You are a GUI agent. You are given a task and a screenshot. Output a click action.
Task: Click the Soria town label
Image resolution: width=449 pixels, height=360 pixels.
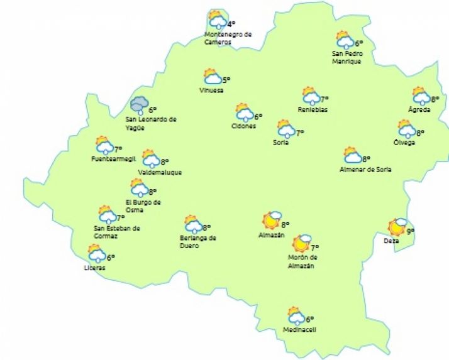click(x=282, y=143)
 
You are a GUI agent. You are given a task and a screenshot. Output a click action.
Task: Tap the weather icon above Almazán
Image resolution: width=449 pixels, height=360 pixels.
click(x=272, y=221)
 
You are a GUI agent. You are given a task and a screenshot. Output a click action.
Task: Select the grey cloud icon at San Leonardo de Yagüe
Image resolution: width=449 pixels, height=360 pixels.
click(x=139, y=106)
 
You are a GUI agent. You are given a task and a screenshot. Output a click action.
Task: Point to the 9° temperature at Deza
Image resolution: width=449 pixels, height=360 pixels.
click(x=410, y=231)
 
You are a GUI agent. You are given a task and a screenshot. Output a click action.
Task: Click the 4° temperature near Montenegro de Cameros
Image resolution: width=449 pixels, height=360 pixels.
click(x=231, y=25)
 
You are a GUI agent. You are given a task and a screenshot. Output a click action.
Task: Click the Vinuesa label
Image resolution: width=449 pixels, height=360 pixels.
click(x=211, y=90)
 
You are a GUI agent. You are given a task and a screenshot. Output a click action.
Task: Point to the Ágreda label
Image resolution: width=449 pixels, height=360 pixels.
click(x=419, y=110)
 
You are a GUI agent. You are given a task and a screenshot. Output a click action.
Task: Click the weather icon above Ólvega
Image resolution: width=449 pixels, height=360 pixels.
click(x=406, y=129)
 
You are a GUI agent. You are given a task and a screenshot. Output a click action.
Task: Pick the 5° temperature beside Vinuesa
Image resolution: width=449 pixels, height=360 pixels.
click(x=226, y=80)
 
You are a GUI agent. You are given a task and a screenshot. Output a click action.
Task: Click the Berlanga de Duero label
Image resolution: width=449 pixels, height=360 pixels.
click(x=197, y=241)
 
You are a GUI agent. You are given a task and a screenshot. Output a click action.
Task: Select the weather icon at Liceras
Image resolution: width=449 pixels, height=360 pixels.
click(x=97, y=254)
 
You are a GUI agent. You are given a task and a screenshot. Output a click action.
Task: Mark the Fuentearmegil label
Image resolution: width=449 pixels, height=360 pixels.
click(x=113, y=160)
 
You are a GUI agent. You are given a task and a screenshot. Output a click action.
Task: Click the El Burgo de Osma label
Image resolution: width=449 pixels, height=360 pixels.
click(x=143, y=205)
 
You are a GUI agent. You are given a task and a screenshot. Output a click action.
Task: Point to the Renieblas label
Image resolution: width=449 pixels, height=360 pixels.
click(x=313, y=110)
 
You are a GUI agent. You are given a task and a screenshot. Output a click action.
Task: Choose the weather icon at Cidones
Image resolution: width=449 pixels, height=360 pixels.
click(x=244, y=113)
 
